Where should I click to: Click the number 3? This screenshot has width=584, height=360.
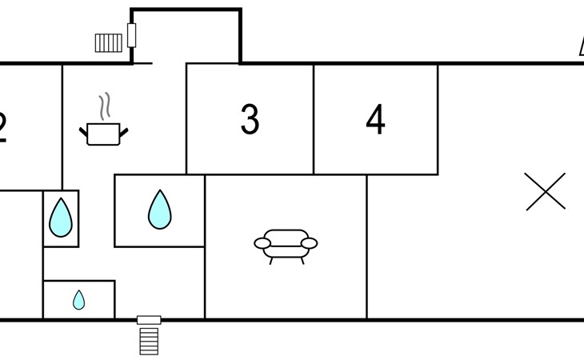click(250, 119)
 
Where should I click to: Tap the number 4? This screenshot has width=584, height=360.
click(375, 119)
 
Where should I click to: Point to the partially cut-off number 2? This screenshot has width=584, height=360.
click(2, 126)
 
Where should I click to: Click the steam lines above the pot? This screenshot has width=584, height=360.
click(105, 106)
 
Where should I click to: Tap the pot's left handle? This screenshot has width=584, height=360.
click(84, 130)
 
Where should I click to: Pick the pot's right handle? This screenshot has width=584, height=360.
click(123, 130)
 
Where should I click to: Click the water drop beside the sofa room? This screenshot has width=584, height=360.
click(160, 210)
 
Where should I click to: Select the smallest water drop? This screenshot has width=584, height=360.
click(78, 300)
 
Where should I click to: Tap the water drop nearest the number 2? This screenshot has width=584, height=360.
click(61, 218)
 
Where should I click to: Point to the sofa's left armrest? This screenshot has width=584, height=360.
click(262, 243)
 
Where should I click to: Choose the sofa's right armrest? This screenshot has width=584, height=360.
click(309, 243)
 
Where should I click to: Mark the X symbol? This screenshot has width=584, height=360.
click(546, 192)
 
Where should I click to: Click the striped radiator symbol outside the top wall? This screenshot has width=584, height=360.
click(108, 42)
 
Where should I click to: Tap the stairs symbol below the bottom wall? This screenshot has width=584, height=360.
click(149, 339)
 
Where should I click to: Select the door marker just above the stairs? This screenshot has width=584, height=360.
click(149, 320)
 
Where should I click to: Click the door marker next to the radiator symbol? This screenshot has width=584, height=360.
click(131, 35)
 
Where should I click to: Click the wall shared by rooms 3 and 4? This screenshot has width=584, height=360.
click(314, 119)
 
